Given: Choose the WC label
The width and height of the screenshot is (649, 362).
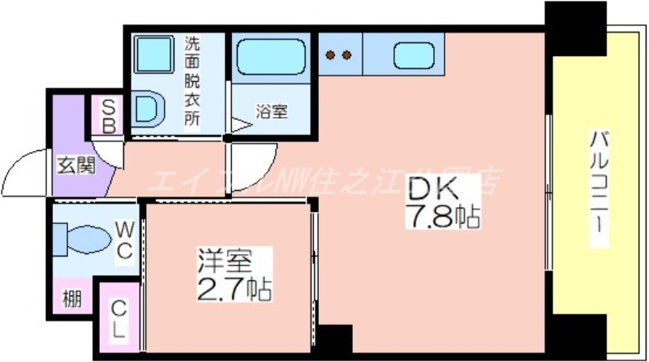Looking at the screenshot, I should (x=123, y=241).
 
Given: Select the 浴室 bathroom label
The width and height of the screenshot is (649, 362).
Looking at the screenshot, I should (x=272, y=111).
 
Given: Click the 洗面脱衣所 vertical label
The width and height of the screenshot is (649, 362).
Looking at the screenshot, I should (x=192, y=80).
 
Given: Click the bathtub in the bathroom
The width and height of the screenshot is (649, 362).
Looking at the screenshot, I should (x=271, y=58).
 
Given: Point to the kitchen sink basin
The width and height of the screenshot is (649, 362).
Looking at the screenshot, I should (x=411, y=55).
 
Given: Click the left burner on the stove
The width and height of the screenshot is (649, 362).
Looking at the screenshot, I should (x=331, y=55).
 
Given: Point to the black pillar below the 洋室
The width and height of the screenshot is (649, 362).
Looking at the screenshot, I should (x=333, y=338).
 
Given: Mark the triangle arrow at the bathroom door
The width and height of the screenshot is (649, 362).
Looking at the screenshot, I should (x=240, y=126).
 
